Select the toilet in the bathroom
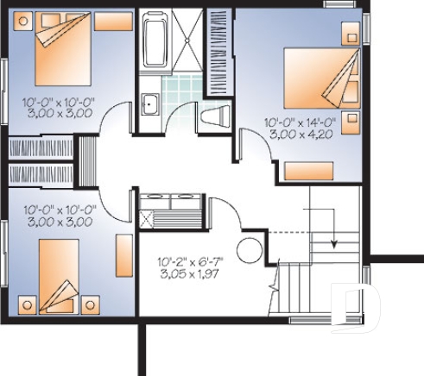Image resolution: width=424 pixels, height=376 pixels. tap(213, 117)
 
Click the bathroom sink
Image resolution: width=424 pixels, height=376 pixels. tap(149, 103)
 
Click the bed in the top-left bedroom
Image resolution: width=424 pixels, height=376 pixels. tap(63, 50)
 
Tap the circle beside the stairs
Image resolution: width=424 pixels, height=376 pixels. tap(249, 250)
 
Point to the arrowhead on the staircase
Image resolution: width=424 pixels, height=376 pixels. tap(334, 244)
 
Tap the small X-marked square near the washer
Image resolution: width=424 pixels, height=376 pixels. tap(146, 217)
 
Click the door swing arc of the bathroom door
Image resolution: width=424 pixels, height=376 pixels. tap(182, 112)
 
